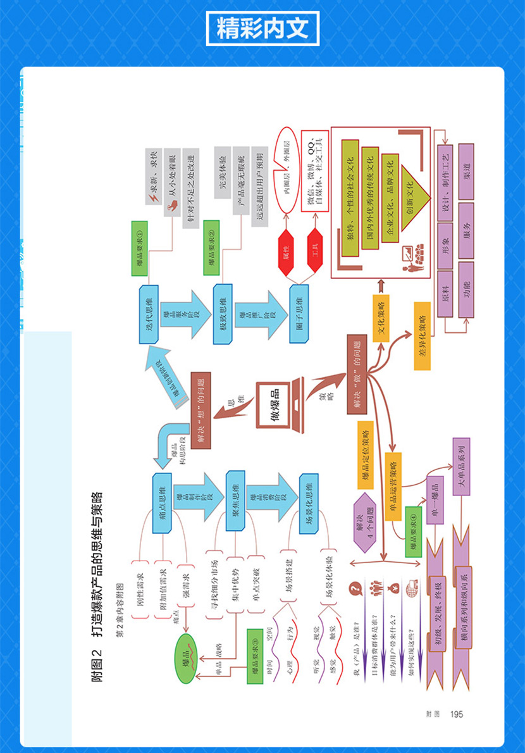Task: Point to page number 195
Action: [456, 714]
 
